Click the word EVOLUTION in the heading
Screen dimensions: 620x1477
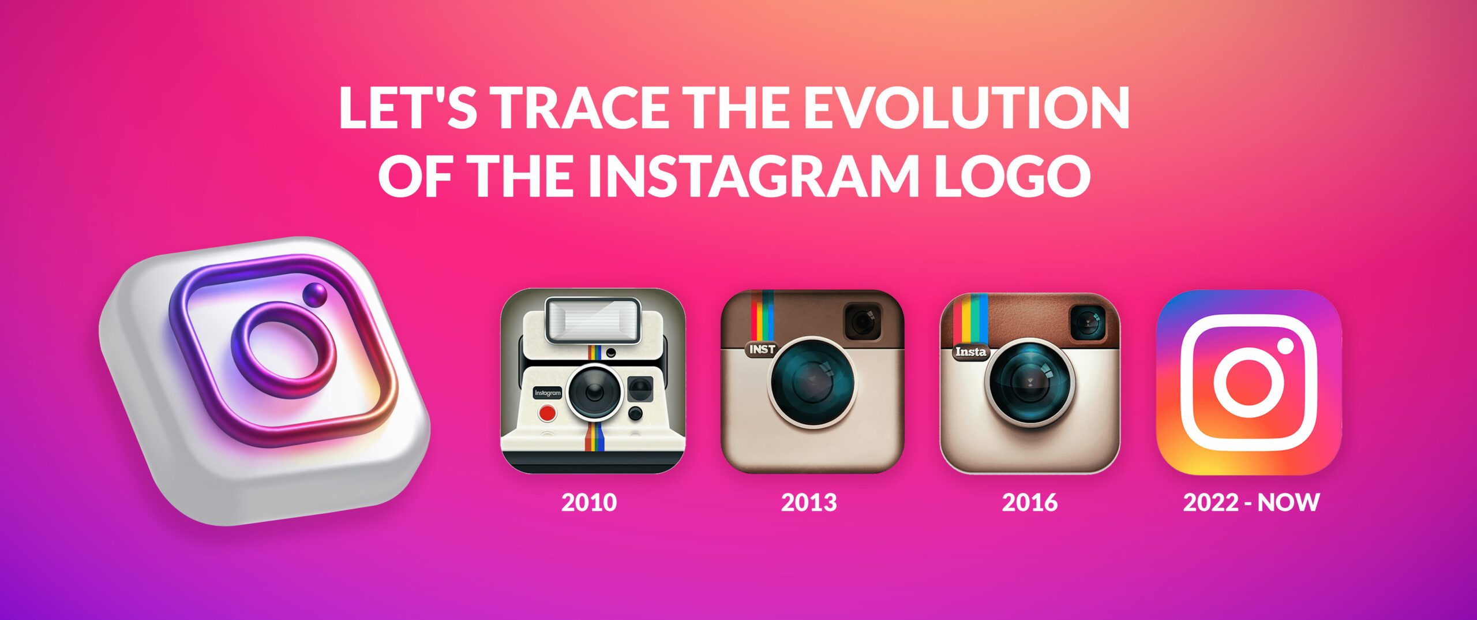click(x=966, y=109)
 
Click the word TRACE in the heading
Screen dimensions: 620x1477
click(x=579, y=109)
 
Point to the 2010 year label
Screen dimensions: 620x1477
click(x=589, y=502)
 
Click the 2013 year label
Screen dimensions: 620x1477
click(x=809, y=502)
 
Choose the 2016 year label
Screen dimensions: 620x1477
click(x=1030, y=502)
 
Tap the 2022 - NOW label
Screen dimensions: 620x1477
click(x=1251, y=502)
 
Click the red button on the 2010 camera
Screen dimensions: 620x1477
click(x=547, y=413)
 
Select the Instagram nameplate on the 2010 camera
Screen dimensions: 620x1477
click(x=548, y=393)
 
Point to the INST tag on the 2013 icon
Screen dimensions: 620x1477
click(x=762, y=349)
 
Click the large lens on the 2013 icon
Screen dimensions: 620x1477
click(x=812, y=382)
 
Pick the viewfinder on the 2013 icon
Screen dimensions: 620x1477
click(x=863, y=322)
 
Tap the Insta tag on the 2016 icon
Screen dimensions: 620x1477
click(x=970, y=352)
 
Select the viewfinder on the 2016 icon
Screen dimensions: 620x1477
click(x=1088, y=322)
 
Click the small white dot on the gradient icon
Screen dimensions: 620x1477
click(x=1285, y=346)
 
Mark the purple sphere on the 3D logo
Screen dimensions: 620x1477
click(x=314, y=295)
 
